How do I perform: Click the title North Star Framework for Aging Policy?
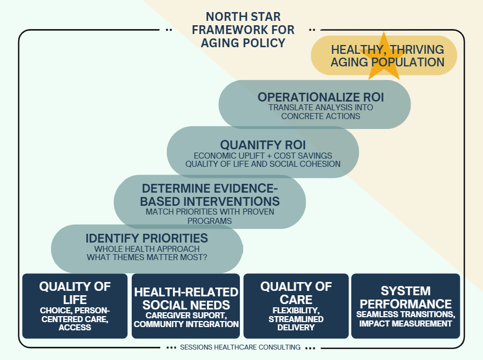[x=243, y=30]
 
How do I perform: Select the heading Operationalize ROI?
[x=321, y=97]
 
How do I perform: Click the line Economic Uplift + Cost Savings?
[x=263, y=155]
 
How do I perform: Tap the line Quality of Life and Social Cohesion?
[x=263, y=164]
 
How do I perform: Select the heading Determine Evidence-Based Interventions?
[x=210, y=194]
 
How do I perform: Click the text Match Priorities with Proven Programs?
[x=210, y=216]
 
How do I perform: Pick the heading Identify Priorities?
[x=147, y=238]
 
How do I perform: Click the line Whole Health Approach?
[x=147, y=249]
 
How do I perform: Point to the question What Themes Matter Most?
[x=147, y=257]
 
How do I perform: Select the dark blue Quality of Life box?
[x=75, y=306]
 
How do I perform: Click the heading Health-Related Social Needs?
[x=186, y=299]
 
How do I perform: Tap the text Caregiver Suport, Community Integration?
[x=186, y=320]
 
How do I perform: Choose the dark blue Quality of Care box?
[x=296, y=306]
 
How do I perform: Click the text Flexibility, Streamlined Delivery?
[x=296, y=319]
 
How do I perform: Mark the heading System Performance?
[x=405, y=297]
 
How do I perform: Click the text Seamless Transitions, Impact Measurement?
[x=405, y=319]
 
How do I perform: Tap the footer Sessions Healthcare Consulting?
[x=240, y=347]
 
